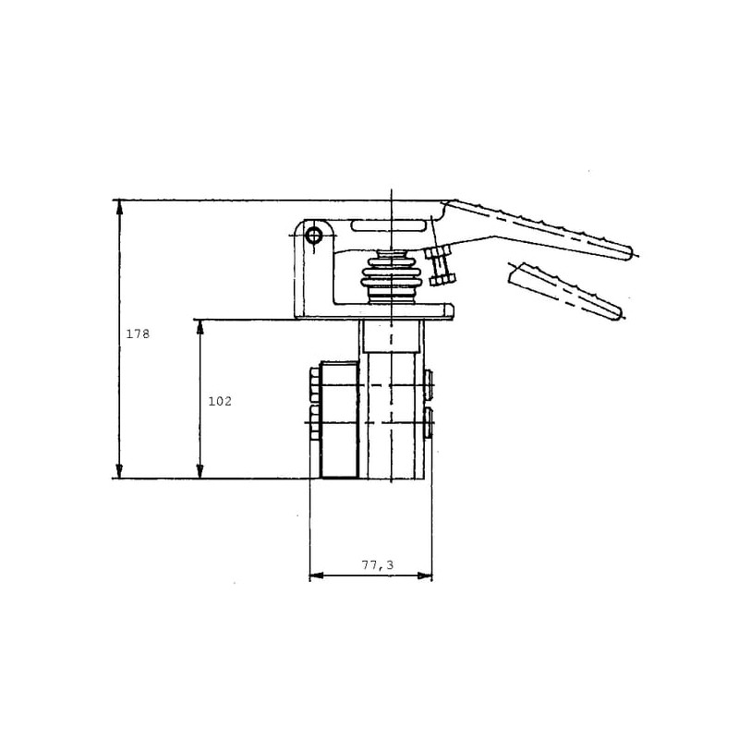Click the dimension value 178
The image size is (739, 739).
138,334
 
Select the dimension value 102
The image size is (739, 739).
220,402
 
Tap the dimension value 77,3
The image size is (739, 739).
378,564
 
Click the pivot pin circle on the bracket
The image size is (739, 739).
313,235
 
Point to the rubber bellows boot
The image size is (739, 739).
391,279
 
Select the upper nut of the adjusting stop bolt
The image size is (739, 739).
437,252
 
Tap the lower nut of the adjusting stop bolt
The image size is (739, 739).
443,280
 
